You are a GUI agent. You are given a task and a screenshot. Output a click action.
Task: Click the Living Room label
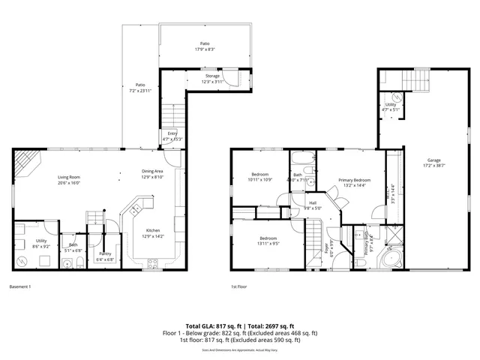69,178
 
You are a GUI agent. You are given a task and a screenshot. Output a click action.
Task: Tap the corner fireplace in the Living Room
25,162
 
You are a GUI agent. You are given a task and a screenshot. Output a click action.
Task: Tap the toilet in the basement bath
67,262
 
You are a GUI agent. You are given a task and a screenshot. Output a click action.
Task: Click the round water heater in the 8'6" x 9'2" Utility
22,260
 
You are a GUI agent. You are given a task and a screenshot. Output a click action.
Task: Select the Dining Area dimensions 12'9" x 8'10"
152,177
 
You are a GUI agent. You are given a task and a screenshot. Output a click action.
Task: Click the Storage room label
214,76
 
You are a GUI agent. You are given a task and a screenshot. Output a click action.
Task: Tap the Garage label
433,160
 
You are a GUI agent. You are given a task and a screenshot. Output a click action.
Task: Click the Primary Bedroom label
354,180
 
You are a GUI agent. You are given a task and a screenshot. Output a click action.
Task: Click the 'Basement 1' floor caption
20,286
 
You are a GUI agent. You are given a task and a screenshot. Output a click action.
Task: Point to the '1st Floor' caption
239,286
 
